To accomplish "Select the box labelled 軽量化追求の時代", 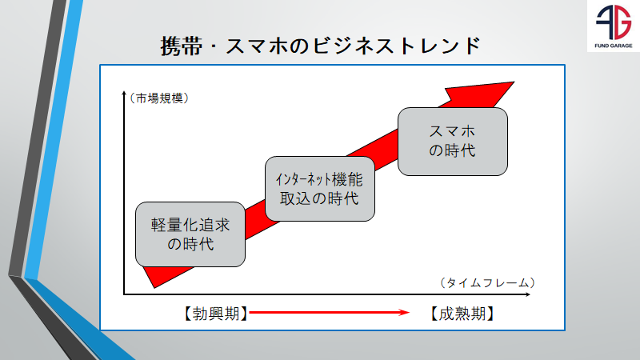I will (x=190, y=234).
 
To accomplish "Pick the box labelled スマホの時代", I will (x=453, y=141).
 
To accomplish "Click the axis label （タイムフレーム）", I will (x=486, y=282).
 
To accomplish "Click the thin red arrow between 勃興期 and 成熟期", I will (x=328, y=314).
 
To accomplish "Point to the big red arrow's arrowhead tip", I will (x=514, y=80).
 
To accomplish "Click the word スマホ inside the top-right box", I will (x=453, y=131).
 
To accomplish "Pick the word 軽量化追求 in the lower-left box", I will (x=190, y=225).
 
